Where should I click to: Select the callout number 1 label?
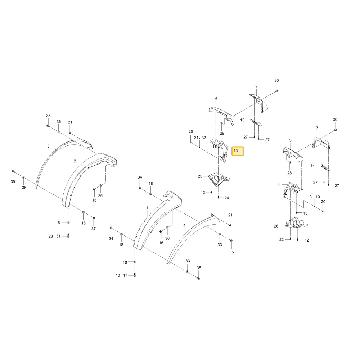click(147, 208)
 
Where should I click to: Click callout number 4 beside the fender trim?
click(184, 225)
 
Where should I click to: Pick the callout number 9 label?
click(256, 86)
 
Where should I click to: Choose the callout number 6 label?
click(216, 99)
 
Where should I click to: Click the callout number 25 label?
click(200, 176)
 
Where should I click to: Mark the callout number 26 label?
click(276, 226)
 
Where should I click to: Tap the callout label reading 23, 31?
click(54, 236)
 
